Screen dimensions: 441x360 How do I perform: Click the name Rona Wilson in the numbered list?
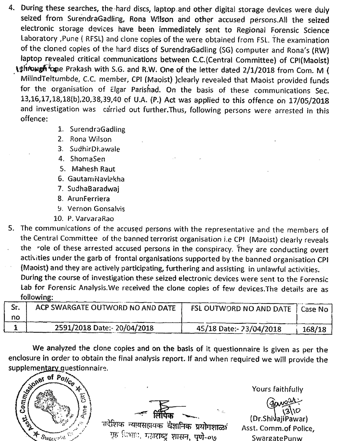90,139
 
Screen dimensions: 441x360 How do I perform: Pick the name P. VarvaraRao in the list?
91,219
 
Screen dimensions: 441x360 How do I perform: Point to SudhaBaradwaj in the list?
93,189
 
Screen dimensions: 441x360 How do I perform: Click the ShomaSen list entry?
88,159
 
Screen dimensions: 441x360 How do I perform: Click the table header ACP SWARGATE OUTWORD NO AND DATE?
105,309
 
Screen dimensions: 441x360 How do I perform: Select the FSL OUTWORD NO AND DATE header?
241,309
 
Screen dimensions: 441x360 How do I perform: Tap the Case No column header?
314,309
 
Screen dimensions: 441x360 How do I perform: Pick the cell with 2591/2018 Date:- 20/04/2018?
105,328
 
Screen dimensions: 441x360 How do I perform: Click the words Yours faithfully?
277,389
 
